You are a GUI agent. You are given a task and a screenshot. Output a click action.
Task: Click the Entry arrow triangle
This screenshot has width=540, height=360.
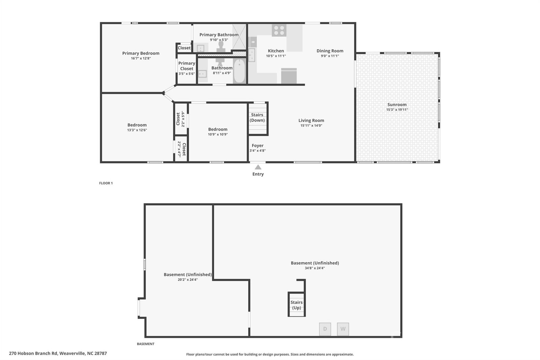pos(258,167)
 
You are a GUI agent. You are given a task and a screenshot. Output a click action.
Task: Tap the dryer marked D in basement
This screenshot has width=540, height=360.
pos(325,329)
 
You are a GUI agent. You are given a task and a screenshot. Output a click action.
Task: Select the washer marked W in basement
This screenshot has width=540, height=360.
pos(343,329)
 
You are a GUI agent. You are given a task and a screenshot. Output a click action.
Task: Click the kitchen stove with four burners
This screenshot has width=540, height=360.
pos(279,30)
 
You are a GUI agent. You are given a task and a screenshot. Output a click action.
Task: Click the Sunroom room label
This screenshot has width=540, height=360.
pos(397,104)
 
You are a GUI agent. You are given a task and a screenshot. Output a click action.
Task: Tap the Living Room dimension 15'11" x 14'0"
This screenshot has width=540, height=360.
pos(311,125)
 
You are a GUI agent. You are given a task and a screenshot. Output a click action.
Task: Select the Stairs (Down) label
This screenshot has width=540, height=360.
pos(257,118)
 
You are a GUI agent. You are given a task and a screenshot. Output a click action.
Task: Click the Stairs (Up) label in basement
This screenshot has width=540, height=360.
pos(297,305)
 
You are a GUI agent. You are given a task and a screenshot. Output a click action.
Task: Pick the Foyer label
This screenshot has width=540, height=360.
pos(258,146)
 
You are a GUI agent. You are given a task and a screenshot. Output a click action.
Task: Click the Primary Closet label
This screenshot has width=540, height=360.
pos(187,66)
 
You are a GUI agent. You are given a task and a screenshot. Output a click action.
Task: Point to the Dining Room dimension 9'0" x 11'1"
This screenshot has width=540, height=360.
pos(330,56)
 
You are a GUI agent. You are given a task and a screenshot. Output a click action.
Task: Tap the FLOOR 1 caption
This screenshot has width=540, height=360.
pos(106,183)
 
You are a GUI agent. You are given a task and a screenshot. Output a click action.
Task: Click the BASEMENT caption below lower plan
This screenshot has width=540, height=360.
pos(146,344)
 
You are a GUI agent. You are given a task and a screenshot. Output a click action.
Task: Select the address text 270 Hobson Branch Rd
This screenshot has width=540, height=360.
pos(33,353)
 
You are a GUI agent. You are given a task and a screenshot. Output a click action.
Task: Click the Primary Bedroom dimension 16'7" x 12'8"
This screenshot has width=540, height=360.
pos(141,58)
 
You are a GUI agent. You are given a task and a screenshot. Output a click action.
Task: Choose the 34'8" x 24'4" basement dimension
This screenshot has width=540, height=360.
pos(315,268)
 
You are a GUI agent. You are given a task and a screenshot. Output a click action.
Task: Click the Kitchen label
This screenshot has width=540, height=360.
pos(276,51)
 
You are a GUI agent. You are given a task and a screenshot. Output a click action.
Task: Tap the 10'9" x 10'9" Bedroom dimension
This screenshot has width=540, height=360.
pos(218,134)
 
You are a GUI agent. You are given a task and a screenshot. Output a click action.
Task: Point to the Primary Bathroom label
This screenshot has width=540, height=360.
pos(219,35)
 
